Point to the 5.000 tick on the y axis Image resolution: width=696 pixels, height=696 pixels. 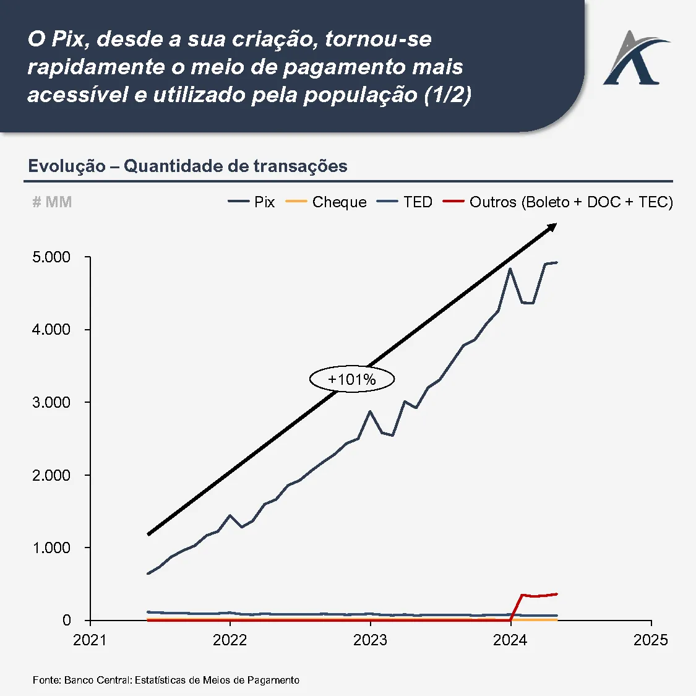click(x=51, y=257)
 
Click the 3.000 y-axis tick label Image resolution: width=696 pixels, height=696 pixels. click(x=51, y=403)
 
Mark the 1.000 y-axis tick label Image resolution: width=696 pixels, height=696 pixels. click(x=51, y=548)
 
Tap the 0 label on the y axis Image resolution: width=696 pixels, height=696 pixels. click(x=67, y=621)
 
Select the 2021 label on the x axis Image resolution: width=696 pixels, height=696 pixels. click(x=90, y=640)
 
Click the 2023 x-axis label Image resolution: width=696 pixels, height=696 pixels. click(x=370, y=640)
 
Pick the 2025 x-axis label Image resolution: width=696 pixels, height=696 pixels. click(x=651, y=640)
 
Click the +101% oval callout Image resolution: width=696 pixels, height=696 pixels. click(x=352, y=379)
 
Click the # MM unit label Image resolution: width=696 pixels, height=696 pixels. click(x=52, y=202)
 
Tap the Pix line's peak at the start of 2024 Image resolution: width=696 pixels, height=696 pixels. click(x=510, y=269)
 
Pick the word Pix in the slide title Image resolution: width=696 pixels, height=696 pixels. click(x=71, y=39)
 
